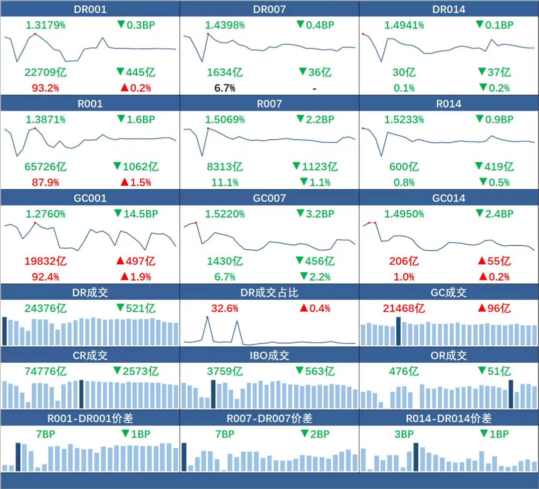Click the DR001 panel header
pos(90,9)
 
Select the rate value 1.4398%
pos(225,25)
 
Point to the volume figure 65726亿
pos(45,166)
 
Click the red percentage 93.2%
pos(45,88)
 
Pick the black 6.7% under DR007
pos(225,88)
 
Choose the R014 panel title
pos(449,104)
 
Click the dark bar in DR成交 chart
pos(4,331)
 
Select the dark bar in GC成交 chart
pos(399,331)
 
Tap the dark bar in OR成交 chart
pos(511,394)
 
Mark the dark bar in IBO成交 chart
pos(213,394)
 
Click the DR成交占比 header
pos(269,293)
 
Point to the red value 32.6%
pos(225,308)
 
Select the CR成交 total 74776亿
pos(45,371)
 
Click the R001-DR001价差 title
pos(90,419)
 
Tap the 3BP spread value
pos(404,434)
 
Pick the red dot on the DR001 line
pos(35,34)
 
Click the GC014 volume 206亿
pos(404,261)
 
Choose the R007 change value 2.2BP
pos(315,119)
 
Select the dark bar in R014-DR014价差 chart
pos(416,457)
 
